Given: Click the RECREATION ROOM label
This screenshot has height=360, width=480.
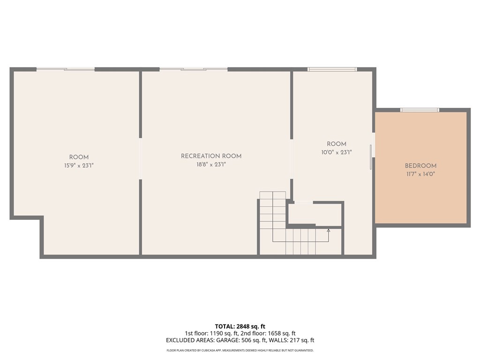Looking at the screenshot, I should pos(211,156).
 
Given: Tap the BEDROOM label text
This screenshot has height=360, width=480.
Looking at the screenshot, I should pos(420,165).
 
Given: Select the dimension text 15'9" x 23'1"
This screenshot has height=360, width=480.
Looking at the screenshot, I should pos(79,165).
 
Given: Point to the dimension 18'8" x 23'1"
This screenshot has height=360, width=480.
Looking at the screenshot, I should pos(211,165).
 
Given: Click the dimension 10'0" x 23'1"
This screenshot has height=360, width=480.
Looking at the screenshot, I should pos(336,152).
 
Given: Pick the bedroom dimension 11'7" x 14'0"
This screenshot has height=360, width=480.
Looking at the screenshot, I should pos(420,174).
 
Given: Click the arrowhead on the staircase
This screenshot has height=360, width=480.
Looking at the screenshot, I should pos(328,230).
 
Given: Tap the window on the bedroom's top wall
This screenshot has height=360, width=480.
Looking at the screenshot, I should pos(420,110).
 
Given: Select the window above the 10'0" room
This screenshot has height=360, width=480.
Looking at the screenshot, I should pos(332,69).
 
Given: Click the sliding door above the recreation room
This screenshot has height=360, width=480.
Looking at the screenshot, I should pos(193,69).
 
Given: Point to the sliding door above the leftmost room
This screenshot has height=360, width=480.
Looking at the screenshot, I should pos(66,69).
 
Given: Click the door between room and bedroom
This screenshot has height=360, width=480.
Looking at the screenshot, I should pos(372,157).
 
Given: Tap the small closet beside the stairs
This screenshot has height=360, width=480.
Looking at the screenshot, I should pos(314,214).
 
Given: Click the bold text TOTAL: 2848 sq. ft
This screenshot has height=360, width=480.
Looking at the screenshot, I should pos(240,326).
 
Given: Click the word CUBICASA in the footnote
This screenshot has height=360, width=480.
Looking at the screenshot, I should pos(211,351).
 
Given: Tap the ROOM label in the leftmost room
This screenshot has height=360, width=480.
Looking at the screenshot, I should pos(79,157).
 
